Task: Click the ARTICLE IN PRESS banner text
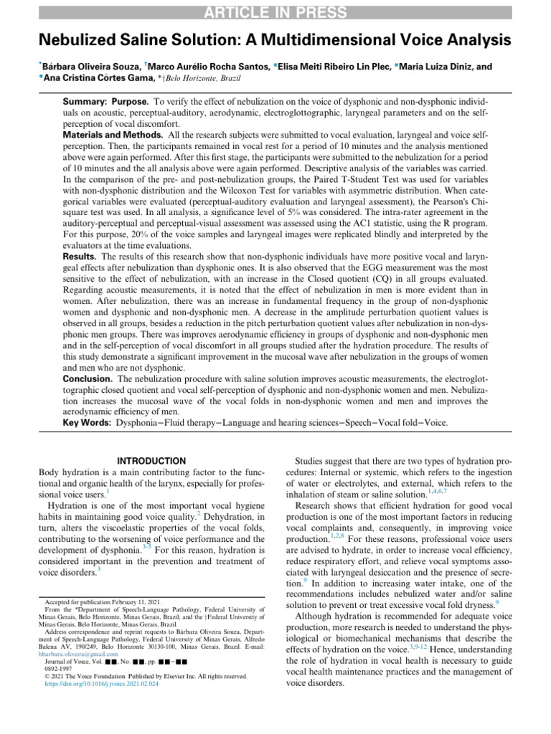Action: coord(275,12)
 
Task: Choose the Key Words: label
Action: coord(87,423)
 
